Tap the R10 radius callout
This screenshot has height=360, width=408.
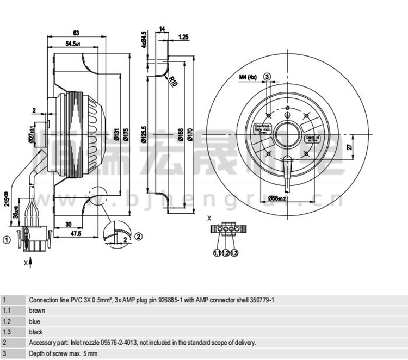pyautogui.click(x=174, y=82)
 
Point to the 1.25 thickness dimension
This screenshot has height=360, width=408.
pyautogui.click(x=183, y=37)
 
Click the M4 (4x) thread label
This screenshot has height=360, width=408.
pyautogui.click(x=248, y=77)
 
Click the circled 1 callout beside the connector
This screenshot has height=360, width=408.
pyautogui.click(x=7, y=239)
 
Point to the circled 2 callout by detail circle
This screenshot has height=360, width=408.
pyautogui.click(x=138, y=235)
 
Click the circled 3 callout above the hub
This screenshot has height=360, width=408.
pyautogui.click(x=267, y=77)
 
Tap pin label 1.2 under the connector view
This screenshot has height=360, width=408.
pyautogui.click(x=225, y=253)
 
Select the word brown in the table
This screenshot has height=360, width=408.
pyautogui.click(x=37, y=311)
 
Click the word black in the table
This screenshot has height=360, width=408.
pyautogui.click(x=36, y=332)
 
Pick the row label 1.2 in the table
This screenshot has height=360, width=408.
pyautogui.click(x=7, y=321)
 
